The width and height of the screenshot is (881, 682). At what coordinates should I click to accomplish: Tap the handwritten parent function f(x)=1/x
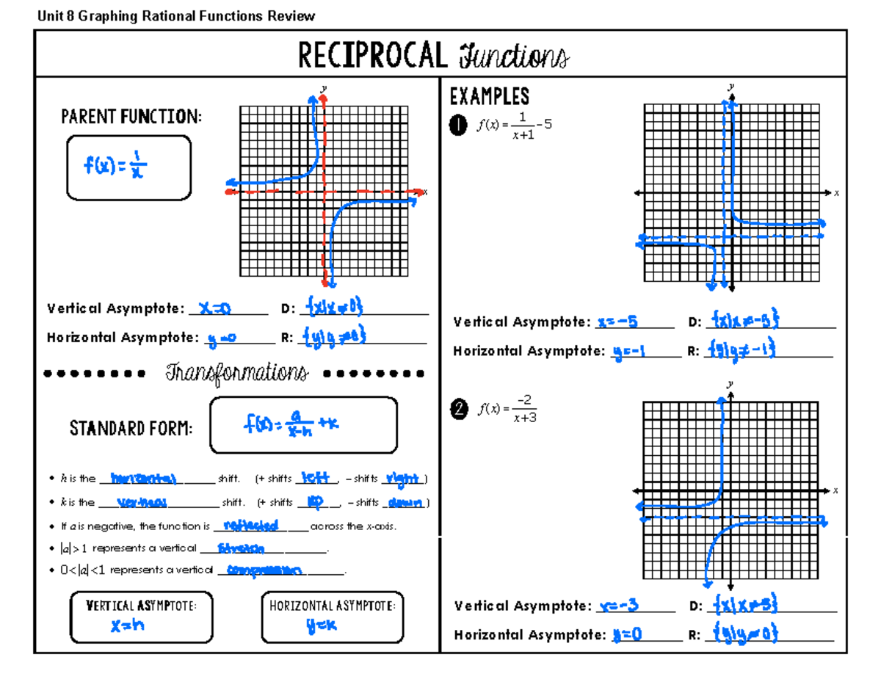click(115, 168)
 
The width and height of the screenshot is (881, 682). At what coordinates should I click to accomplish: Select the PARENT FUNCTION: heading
click(131, 117)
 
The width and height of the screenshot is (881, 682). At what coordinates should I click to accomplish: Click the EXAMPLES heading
click(489, 97)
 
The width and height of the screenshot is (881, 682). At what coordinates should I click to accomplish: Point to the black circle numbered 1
click(458, 127)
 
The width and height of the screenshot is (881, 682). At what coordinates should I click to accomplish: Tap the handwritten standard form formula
click(292, 424)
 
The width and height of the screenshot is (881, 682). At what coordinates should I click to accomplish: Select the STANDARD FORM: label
click(131, 428)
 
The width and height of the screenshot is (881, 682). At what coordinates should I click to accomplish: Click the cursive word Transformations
click(236, 373)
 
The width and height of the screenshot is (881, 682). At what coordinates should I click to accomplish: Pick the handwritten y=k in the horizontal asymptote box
click(322, 626)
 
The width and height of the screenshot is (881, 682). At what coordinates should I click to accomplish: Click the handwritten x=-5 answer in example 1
click(617, 322)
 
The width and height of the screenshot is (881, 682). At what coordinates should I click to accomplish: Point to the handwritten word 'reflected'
click(250, 526)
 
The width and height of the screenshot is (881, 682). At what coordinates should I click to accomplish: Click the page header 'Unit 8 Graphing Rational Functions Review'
click(175, 16)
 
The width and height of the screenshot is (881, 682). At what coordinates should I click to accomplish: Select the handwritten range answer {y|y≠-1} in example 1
click(742, 349)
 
